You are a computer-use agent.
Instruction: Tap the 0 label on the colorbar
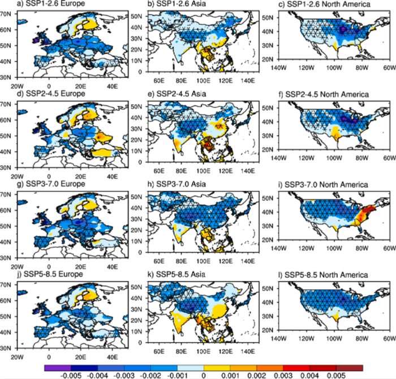(x=214, y=374)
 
